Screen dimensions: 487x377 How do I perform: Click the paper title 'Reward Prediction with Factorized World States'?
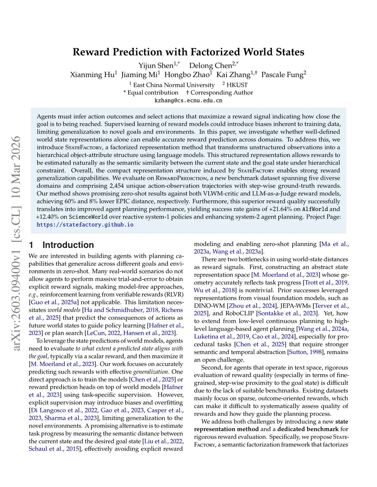click(188, 52)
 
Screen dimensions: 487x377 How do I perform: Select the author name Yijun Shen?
click(156, 65)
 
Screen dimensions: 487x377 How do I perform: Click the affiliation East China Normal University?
click(173, 85)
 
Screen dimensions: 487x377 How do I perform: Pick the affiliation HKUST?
click(237, 85)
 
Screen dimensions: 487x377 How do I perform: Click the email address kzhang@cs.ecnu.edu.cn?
click(188, 100)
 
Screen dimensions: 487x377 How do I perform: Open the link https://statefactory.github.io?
click(85, 225)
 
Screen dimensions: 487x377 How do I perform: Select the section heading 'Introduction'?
click(68, 245)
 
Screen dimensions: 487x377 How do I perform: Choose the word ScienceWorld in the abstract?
click(88, 217)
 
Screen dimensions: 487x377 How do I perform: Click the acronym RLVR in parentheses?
click(175, 294)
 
